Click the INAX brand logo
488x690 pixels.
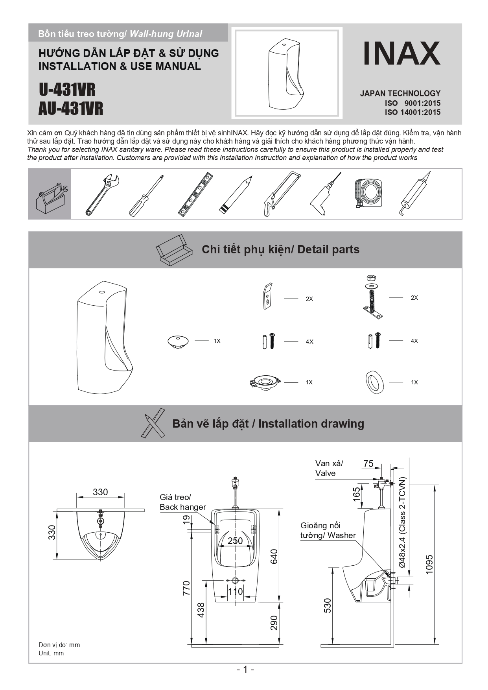401,54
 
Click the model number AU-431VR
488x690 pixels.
71,109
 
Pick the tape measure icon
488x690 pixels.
368,193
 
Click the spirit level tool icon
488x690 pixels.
195,194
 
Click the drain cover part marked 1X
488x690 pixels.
178,341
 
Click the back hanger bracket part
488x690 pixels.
267,296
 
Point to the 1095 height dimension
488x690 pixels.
429,564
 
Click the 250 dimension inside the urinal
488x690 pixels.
235,541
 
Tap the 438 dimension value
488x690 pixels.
201,610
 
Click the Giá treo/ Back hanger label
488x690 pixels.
182,502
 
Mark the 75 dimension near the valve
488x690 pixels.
368,463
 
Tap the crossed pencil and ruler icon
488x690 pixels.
153,423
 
